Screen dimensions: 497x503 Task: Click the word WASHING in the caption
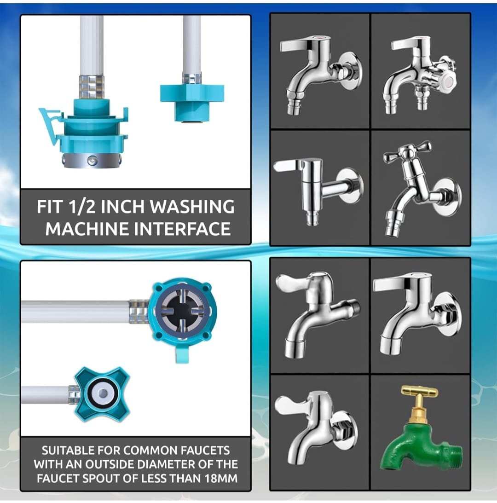coord(192,207)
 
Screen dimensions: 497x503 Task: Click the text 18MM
coord(221,478)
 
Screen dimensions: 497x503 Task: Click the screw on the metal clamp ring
coord(92,159)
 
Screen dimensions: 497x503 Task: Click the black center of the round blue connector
coord(182,311)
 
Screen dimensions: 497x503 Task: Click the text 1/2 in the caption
coord(81,207)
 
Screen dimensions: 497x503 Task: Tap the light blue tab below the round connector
coord(181,354)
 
